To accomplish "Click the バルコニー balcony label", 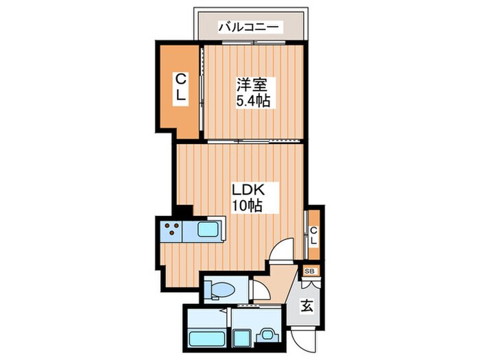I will click(x=249, y=27).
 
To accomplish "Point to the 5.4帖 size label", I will click(x=252, y=101).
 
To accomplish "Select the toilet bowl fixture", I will click(x=221, y=289).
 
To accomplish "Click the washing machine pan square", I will click(x=243, y=337).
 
